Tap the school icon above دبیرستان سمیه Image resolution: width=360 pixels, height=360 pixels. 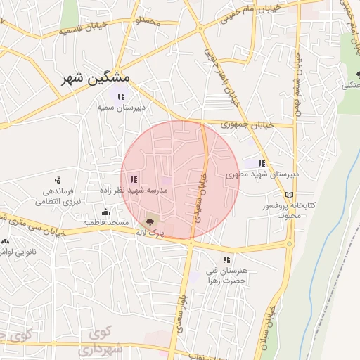(x=121, y=96)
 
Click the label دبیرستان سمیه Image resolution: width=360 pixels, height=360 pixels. (x=121, y=108)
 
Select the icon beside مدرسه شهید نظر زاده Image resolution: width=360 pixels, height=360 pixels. (x=134, y=179)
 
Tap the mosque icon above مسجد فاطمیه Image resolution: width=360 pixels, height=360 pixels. (x=105, y=212)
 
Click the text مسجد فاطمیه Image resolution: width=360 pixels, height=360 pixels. (x=105, y=222)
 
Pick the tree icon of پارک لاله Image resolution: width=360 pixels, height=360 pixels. (x=149, y=222)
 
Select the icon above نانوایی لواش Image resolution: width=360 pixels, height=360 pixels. (x=6, y=240)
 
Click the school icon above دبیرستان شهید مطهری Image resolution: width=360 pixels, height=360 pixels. (x=262, y=163)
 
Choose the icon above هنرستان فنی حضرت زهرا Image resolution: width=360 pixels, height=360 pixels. (x=226, y=259)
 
